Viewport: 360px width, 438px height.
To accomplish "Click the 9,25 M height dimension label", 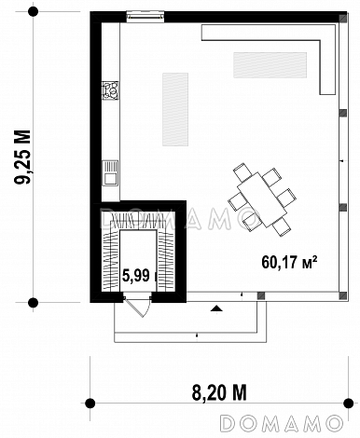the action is click(23, 157).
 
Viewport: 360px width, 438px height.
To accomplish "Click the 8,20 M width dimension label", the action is click(219, 392).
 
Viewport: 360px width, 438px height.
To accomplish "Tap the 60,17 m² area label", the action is click(289, 263).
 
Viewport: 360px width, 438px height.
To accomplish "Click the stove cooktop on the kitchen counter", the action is click(111, 90).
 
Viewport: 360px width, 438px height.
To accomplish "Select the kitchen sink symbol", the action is click(110, 172).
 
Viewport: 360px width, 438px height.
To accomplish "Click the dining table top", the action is click(262, 199).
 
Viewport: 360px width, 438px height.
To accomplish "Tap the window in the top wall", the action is click(145, 16).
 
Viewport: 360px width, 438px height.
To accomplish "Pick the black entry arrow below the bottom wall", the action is click(216, 308).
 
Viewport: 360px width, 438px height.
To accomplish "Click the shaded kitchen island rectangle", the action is click(175, 109).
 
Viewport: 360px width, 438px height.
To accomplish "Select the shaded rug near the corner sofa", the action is click(270, 65).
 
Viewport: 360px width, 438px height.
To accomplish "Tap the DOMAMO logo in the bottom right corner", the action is click(282, 423).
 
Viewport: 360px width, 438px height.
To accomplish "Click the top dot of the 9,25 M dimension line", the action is click(33, 12).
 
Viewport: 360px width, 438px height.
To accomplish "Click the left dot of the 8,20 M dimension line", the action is click(90, 403).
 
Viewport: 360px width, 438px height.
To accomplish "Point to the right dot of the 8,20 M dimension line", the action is click(348, 403).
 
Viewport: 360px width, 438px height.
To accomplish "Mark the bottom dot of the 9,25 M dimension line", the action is click(33, 302).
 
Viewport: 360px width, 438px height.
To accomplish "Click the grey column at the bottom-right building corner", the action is click(342, 295).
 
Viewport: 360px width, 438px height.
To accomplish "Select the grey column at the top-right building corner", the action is click(343, 19).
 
